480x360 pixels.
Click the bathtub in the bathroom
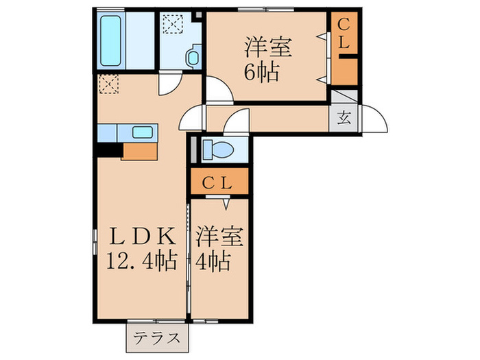point(112,40)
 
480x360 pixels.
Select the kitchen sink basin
point(142,132)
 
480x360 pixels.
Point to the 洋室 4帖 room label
point(219,250)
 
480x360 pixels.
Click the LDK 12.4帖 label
point(141,250)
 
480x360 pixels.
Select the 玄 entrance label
point(344,116)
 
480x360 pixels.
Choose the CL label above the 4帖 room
point(219,183)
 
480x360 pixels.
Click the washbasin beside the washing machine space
point(193,55)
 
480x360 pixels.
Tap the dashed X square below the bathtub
point(108,84)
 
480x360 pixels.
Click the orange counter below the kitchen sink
point(141,150)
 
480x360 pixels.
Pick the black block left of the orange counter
point(108,148)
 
